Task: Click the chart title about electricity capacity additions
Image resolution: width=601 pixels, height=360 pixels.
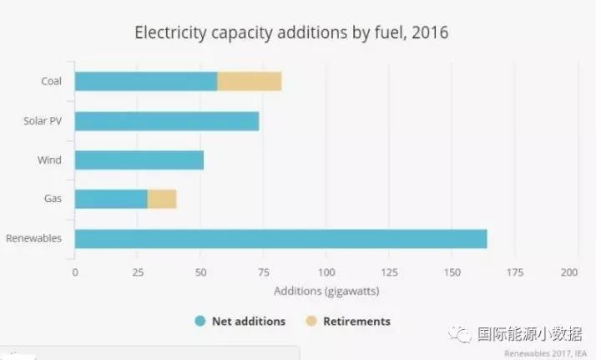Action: (291, 33)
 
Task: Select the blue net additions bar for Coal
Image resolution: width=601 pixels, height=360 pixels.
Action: (146, 81)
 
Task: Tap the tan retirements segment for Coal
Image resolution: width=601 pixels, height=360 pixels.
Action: (250, 81)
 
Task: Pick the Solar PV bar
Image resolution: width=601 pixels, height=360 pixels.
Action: (167, 120)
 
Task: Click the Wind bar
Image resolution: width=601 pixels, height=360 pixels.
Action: (139, 160)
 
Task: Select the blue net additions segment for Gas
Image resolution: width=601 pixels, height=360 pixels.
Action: (111, 199)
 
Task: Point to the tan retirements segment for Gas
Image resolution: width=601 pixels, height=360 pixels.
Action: (162, 199)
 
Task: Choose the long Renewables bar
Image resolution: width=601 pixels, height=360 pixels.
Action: (280, 238)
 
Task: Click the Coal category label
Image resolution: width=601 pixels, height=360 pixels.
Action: (51, 81)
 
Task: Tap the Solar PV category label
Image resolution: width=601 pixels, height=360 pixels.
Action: (43, 120)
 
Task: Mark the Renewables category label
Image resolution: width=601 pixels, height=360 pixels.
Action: (33, 238)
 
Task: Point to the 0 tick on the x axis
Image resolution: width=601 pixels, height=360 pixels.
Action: (75, 272)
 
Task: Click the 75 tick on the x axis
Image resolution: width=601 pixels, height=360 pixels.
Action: (263, 272)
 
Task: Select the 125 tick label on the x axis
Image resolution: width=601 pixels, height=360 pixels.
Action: (389, 272)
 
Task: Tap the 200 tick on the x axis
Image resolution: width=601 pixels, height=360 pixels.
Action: (569, 272)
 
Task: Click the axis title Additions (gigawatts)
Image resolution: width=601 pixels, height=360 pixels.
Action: (326, 292)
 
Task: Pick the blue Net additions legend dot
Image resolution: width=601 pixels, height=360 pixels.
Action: (199, 321)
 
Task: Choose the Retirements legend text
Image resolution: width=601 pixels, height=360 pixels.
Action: (356, 321)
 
